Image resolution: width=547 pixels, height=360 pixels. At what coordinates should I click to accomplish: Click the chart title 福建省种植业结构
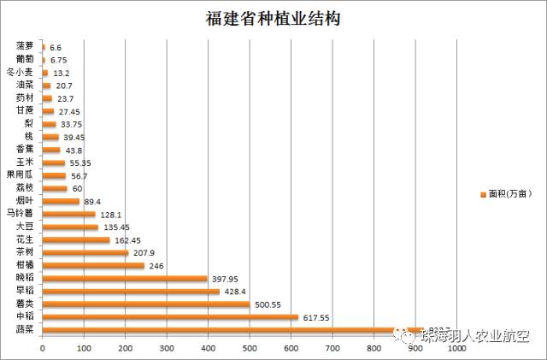click(273, 19)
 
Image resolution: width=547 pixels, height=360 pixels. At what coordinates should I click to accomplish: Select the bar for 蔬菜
click(231, 329)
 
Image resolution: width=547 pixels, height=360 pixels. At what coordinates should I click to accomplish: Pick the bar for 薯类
click(145, 304)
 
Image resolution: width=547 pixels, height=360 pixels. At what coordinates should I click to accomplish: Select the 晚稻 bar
click(124, 278)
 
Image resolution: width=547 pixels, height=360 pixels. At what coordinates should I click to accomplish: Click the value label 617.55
click(316, 317)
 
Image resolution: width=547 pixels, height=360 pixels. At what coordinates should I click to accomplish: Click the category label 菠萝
click(25, 46)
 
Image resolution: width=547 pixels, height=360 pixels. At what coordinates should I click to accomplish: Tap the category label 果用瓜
click(21, 175)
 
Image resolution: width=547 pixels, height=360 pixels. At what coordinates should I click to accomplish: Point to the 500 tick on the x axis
click(250, 348)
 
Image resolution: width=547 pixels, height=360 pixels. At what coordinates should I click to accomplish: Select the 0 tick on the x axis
click(42, 348)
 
